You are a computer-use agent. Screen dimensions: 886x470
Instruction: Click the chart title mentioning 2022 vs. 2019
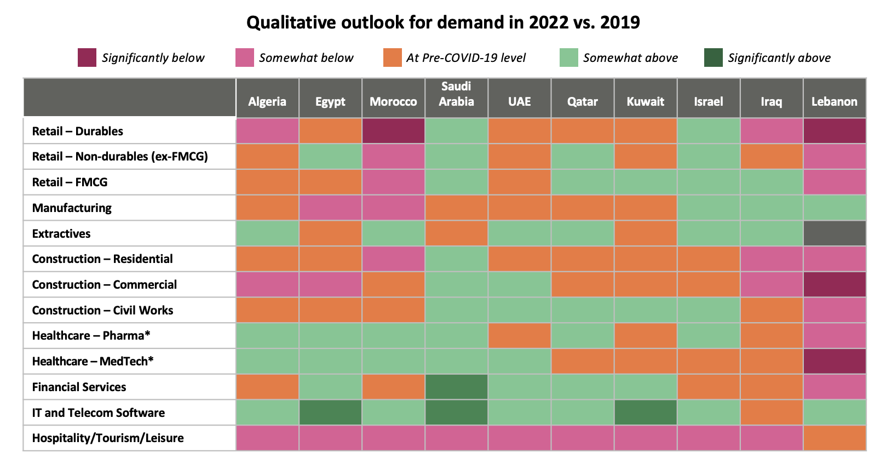tap(443, 22)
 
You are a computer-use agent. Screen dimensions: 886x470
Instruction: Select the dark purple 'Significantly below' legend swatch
tap(87, 58)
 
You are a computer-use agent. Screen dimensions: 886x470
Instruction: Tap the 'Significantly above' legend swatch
tap(714, 58)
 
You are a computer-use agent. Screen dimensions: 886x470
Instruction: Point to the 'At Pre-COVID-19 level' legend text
tap(466, 58)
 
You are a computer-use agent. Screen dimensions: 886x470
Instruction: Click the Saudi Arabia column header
tap(457, 94)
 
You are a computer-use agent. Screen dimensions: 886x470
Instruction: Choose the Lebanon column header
tap(835, 102)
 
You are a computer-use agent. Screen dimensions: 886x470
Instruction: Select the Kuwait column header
tap(646, 102)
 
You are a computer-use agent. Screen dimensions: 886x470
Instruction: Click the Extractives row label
tap(61, 233)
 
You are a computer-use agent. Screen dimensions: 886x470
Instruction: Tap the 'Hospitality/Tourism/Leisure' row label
tap(108, 438)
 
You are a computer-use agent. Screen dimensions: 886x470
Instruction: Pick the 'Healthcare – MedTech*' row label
tap(93, 361)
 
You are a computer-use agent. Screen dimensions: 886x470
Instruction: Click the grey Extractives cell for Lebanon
tap(835, 233)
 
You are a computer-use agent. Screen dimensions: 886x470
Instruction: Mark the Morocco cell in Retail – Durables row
tap(394, 131)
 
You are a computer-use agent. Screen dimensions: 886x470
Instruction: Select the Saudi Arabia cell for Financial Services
tap(457, 387)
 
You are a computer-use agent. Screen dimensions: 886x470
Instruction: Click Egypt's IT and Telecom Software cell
tap(330, 412)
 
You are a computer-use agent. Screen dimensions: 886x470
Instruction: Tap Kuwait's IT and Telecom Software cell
tap(646, 412)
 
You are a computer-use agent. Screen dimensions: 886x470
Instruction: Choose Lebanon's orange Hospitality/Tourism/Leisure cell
tap(835, 438)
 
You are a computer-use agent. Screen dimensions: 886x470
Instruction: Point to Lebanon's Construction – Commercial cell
tap(835, 284)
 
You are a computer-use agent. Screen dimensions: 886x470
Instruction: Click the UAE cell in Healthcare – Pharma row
tap(519, 335)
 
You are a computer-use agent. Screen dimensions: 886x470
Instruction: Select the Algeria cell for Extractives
tap(267, 233)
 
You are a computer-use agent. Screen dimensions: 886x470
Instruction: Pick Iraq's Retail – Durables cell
tap(772, 131)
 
